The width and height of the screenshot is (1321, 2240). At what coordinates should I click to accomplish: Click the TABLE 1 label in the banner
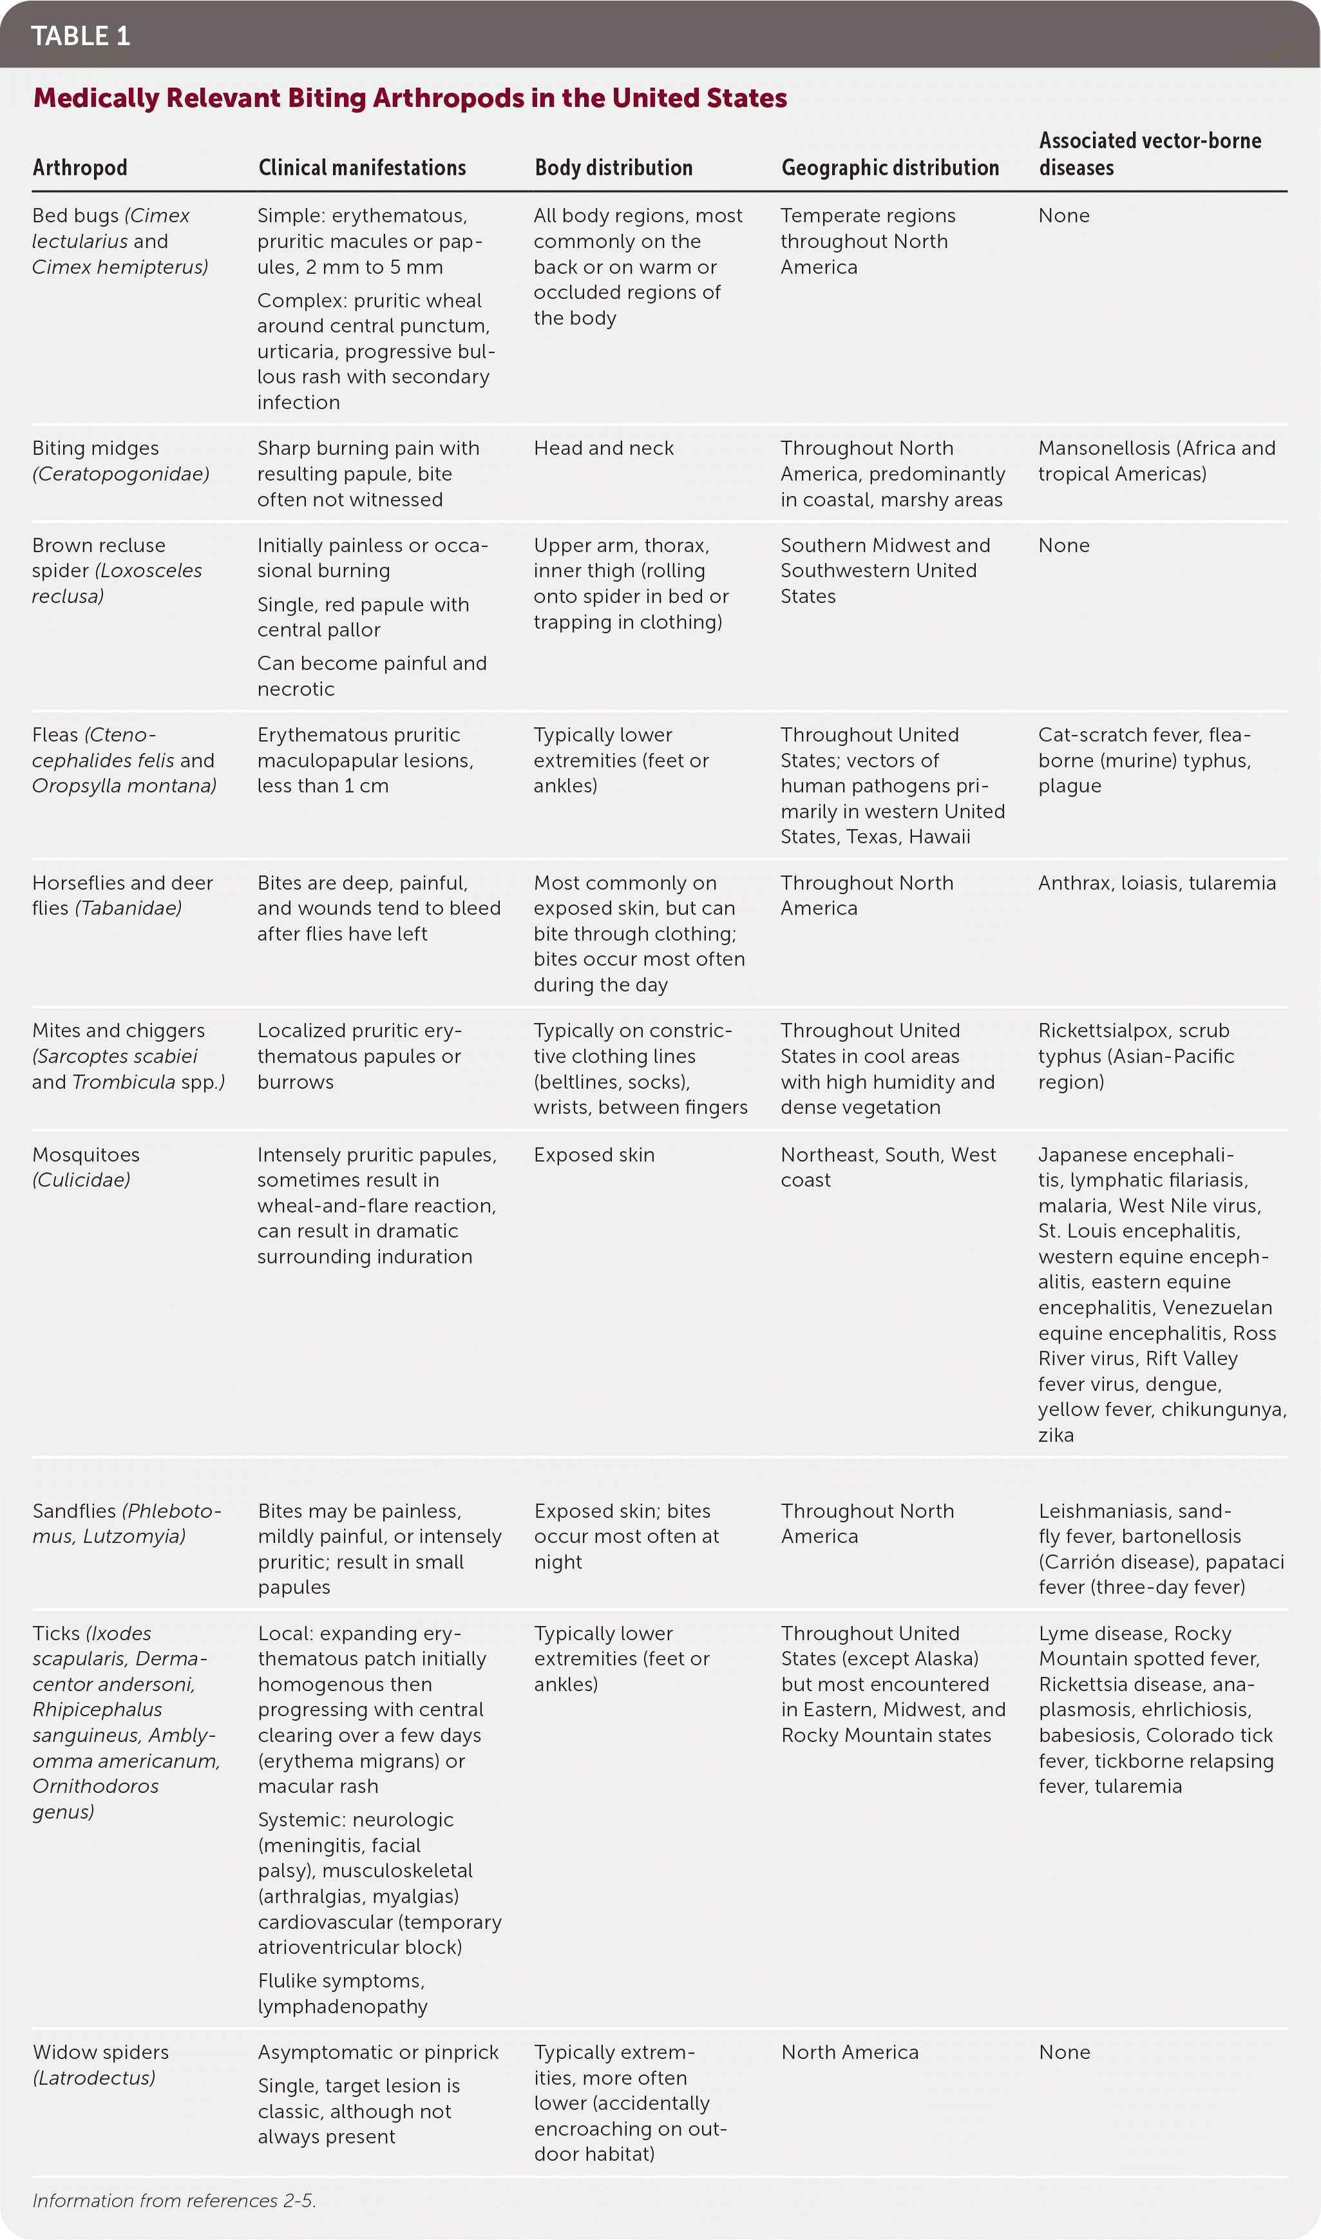(80, 35)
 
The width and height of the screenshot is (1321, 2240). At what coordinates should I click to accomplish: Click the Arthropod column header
(80, 168)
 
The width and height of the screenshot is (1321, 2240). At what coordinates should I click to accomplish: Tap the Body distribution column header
(613, 168)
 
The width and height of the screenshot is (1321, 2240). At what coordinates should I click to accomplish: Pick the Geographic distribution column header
(890, 168)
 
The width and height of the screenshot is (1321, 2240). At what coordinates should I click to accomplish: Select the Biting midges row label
(120, 460)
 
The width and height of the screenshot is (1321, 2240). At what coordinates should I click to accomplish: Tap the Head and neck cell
(603, 448)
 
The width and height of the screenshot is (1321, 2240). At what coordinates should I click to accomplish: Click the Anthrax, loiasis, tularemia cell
(1156, 883)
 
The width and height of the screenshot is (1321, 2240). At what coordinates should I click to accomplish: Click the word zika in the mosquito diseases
(1056, 1434)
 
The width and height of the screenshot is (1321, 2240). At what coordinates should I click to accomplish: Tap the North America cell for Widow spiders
(849, 2051)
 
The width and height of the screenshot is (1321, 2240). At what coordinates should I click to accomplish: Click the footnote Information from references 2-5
(175, 2200)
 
